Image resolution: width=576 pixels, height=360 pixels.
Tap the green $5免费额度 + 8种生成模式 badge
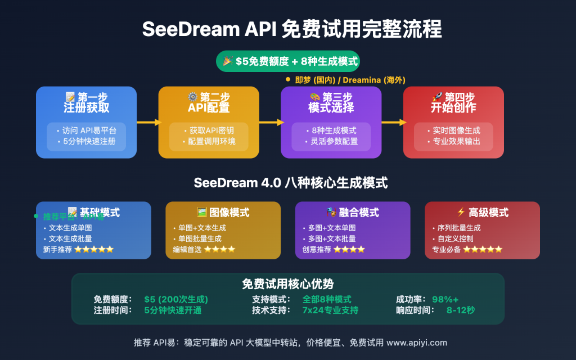287,61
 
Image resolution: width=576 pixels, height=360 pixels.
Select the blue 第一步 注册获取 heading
86,102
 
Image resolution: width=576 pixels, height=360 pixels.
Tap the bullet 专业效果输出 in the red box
456,141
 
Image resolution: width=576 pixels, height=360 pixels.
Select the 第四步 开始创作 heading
453,102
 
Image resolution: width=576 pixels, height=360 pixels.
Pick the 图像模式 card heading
223,212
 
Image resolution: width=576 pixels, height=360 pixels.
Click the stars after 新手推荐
94,249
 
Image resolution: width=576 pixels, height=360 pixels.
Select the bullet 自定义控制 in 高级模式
455,238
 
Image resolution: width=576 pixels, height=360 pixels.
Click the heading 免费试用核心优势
287,284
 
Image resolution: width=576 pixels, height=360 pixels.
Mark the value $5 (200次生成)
176,299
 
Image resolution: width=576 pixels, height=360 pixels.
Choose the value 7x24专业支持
330,310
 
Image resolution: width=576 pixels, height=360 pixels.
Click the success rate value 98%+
445,299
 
